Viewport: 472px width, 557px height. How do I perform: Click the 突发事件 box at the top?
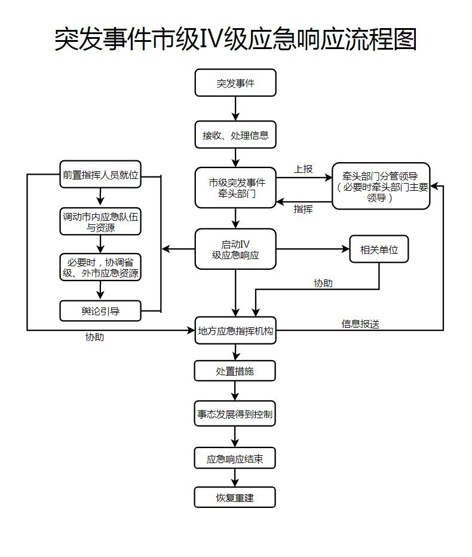coord(235,83)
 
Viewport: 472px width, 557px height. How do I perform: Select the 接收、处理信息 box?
coord(235,135)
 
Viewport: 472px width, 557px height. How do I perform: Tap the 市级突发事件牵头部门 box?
coord(235,188)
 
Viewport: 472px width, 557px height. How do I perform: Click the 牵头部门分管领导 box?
coord(381,186)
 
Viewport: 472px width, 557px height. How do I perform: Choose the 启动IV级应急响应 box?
coord(235,249)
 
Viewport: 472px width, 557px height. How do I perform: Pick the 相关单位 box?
coord(379,249)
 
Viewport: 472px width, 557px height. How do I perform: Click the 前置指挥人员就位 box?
coord(100,175)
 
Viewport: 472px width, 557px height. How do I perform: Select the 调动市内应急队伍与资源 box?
coord(100,221)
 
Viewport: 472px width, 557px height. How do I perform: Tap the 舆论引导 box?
coord(100,311)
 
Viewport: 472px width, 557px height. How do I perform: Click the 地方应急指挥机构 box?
coord(235,330)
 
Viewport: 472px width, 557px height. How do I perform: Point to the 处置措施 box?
coord(235,371)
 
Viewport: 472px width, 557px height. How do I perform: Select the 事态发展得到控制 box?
coord(235,414)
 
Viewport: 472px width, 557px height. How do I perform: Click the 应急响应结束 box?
coord(235,458)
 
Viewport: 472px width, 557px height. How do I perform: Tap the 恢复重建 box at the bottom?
coord(235,497)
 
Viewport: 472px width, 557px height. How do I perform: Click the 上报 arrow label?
coord(303,169)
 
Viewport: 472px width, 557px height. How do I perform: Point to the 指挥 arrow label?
coord(303,209)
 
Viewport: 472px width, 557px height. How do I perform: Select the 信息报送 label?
coord(360,324)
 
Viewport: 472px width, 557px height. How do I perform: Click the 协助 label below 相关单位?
coord(323,283)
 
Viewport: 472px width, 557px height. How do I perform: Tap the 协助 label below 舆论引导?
coord(94,337)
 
